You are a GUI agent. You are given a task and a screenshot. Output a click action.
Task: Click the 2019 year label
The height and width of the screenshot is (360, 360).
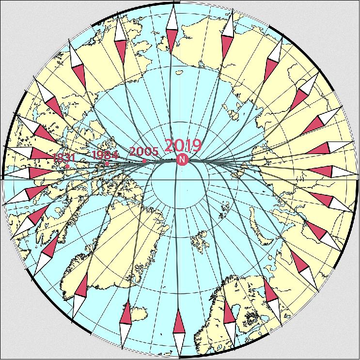pos(182,145)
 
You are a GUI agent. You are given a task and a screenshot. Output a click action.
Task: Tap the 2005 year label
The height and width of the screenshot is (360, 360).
pos(143,151)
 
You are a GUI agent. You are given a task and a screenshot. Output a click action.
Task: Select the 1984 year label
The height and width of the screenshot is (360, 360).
pos(105,155)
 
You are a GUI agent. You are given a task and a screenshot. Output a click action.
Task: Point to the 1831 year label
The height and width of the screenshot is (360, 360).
pos(64,157)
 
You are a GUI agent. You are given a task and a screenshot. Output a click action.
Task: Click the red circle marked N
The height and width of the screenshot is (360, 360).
pos(182,159)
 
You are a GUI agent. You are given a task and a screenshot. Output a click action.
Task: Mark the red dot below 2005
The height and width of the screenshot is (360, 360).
pos(144,161)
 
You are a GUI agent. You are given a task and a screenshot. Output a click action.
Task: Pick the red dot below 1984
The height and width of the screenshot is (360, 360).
pos(107,164)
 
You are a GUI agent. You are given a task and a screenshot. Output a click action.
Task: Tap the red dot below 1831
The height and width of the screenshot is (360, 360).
pos(67,167)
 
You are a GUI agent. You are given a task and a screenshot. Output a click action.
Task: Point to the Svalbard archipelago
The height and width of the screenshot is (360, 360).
pos(199,240)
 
